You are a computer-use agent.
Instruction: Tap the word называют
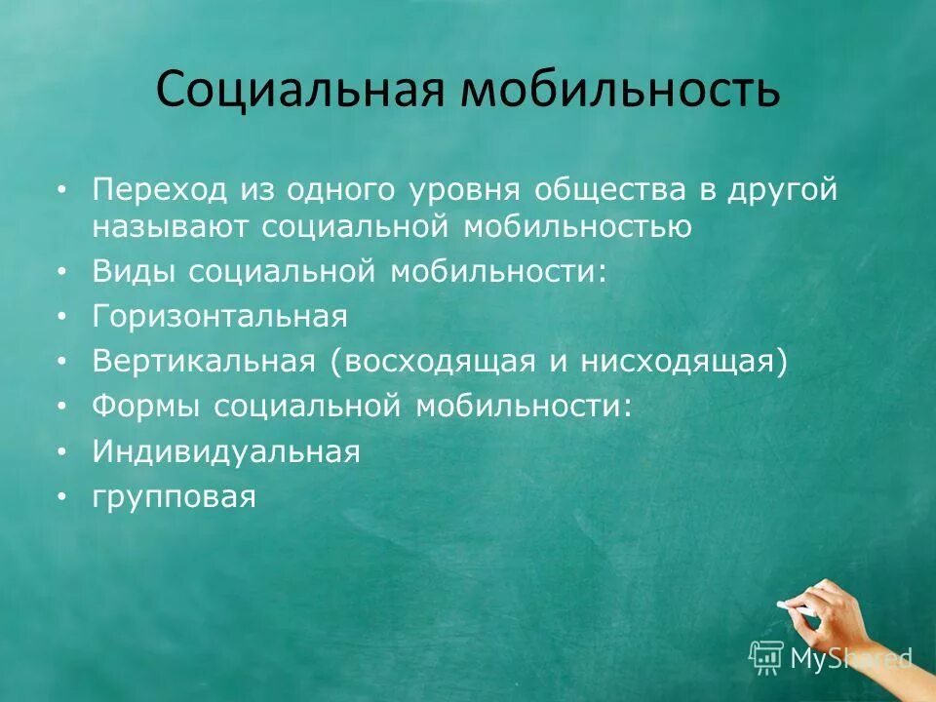click(x=171, y=226)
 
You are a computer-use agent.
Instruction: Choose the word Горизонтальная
click(x=220, y=316)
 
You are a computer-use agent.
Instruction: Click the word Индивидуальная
click(x=226, y=451)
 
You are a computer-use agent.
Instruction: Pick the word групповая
click(x=175, y=497)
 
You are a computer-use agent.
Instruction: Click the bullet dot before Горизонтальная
click(x=63, y=317)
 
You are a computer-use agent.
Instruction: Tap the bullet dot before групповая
click(x=63, y=498)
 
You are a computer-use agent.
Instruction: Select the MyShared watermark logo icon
click(x=766, y=655)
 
